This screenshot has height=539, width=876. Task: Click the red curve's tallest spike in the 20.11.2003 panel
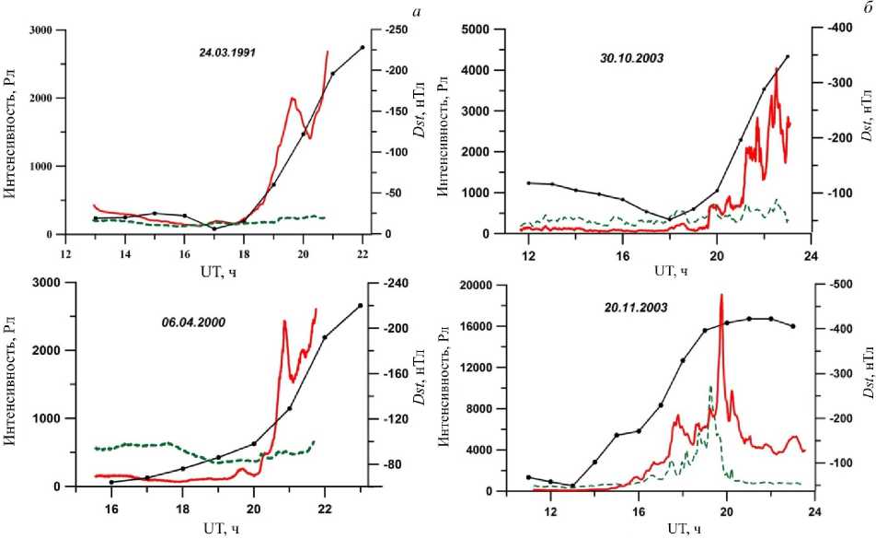tap(721, 296)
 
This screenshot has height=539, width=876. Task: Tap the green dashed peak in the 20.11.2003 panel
tap(710, 387)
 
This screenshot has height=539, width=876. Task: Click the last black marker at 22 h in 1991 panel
tap(363, 47)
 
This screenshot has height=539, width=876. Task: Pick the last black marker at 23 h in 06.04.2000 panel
tap(360, 305)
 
